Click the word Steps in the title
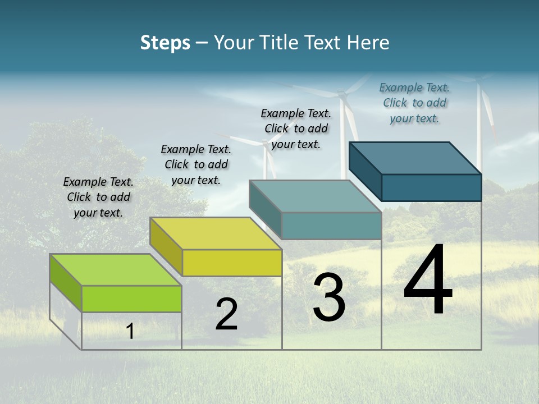(x=165, y=43)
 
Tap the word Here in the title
(x=368, y=43)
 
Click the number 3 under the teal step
(x=329, y=297)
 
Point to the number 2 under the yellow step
(x=226, y=314)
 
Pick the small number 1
(x=130, y=331)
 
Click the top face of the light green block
(x=115, y=270)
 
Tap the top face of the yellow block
(x=216, y=233)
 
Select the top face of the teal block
(x=315, y=196)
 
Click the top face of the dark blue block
(x=415, y=158)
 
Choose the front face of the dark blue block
(x=431, y=187)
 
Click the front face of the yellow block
(x=232, y=263)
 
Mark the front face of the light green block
(x=131, y=299)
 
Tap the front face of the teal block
(x=331, y=226)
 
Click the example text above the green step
(x=98, y=197)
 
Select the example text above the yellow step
(x=196, y=164)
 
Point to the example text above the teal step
(x=296, y=128)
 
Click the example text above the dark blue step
(x=414, y=103)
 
